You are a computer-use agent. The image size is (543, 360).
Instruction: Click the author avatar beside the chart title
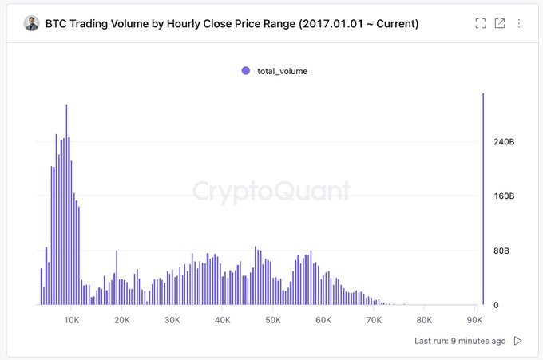[31, 23]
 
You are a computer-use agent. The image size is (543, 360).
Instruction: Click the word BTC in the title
[56, 24]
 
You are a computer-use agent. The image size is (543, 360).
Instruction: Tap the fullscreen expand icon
[480, 23]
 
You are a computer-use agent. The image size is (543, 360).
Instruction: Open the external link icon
[500, 23]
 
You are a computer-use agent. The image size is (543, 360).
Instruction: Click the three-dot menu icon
[519, 23]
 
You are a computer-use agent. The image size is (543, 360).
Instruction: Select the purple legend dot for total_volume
[246, 71]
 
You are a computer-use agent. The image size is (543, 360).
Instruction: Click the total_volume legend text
[282, 71]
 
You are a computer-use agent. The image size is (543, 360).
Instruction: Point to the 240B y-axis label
[505, 142]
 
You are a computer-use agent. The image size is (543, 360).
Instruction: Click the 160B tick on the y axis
[505, 196]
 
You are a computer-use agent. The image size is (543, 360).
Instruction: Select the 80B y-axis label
[502, 251]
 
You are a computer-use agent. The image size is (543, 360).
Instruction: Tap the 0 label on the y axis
[497, 305]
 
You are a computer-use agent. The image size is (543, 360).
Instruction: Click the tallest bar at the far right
[483, 200]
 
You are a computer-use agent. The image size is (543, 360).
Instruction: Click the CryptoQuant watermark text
[271, 191]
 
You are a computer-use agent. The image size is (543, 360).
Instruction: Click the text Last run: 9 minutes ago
[460, 341]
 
